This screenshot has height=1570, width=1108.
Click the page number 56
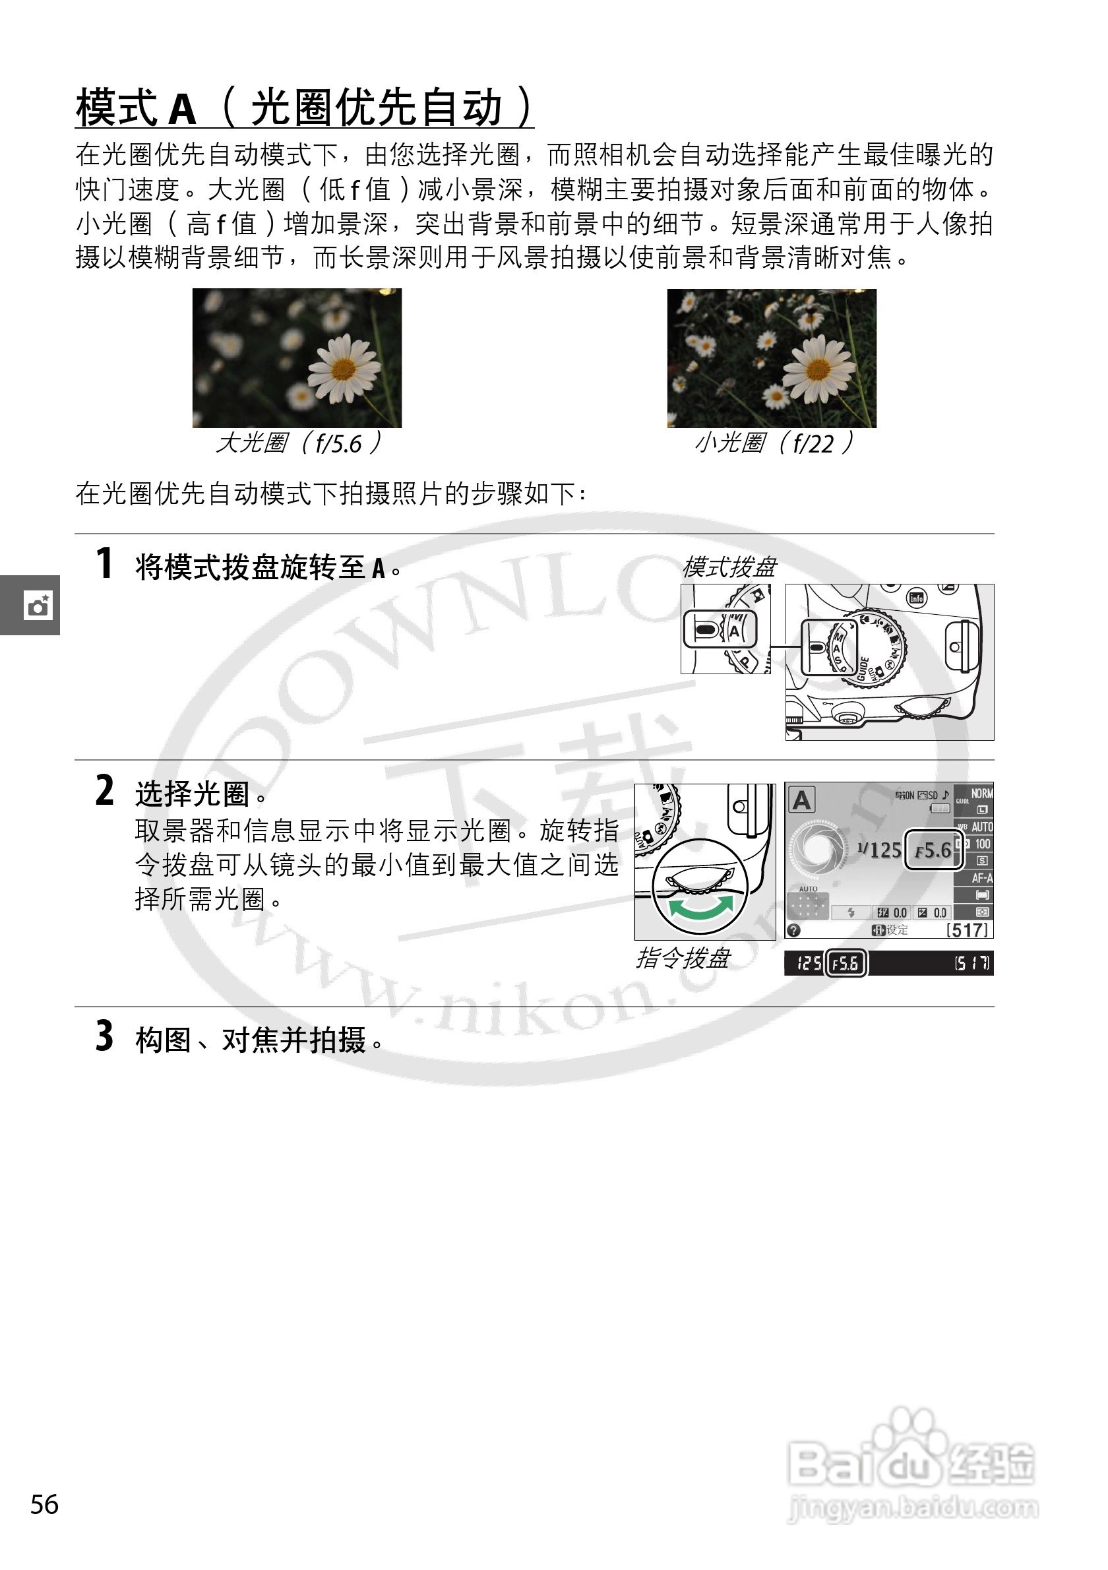(44, 1504)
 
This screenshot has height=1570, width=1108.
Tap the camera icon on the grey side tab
(38, 606)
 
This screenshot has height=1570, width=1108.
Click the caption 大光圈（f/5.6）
(298, 443)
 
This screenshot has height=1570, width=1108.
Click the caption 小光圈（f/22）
(774, 443)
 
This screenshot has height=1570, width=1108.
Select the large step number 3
(105, 1036)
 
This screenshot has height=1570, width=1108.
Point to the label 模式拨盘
(729, 567)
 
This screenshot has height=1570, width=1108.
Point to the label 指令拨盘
(683, 958)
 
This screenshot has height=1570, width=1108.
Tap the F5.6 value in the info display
(933, 850)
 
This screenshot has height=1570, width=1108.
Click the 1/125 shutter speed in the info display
(880, 850)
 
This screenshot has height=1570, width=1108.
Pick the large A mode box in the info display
(802, 800)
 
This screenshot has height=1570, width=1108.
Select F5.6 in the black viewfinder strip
(846, 964)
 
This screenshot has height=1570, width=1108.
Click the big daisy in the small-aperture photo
(818, 369)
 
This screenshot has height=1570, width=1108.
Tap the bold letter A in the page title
(183, 109)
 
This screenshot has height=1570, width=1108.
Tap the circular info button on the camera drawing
(916, 598)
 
